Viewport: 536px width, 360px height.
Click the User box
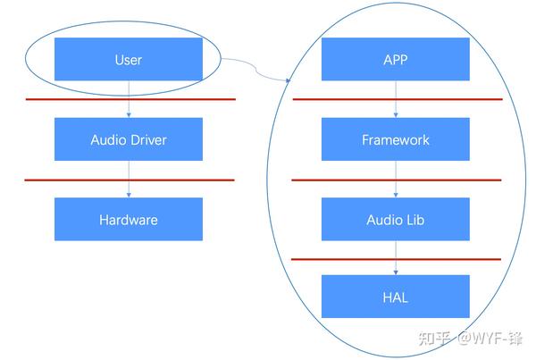(x=129, y=60)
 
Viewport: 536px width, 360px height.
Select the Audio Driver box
(x=129, y=139)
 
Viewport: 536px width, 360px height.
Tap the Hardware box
(x=129, y=219)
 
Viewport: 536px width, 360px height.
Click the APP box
(x=395, y=60)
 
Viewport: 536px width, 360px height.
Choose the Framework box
(x=395, y=139)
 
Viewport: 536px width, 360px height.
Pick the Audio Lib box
(x=395, y=219)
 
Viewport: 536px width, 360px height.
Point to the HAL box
(x=395, y=297)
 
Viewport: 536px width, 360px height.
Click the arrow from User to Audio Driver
(x=130, y=107)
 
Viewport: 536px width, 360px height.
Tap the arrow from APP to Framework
(x=396, y=107)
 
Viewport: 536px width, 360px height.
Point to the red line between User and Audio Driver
(x=71, y=99)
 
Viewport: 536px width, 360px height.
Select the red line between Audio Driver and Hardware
(x=71, y=180)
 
